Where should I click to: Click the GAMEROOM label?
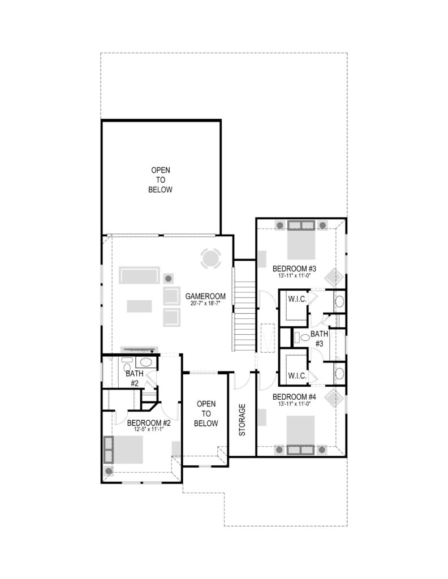click(205, 296)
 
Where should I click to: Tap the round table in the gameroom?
click(211, 258)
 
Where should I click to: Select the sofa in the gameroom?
click(139, 275)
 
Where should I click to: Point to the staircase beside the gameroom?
click(244, 305)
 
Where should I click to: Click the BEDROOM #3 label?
click(294, 269)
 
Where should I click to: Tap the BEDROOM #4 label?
click(294, 397)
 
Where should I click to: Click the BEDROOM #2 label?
click(149, 423)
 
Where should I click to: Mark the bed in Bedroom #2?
click(124, 450)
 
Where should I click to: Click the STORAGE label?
click(242, 420)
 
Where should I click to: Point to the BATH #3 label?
click(319, 339)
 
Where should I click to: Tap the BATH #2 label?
click(135, 378)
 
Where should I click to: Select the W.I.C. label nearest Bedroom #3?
click(298, 299)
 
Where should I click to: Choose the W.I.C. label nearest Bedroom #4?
click(298, 376)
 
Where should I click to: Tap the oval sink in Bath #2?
click(146, 362)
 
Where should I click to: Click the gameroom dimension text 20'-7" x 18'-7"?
click(205, 303)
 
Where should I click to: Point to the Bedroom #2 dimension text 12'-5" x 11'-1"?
click(149, 429)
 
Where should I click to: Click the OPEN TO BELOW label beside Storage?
click(206, 413)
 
